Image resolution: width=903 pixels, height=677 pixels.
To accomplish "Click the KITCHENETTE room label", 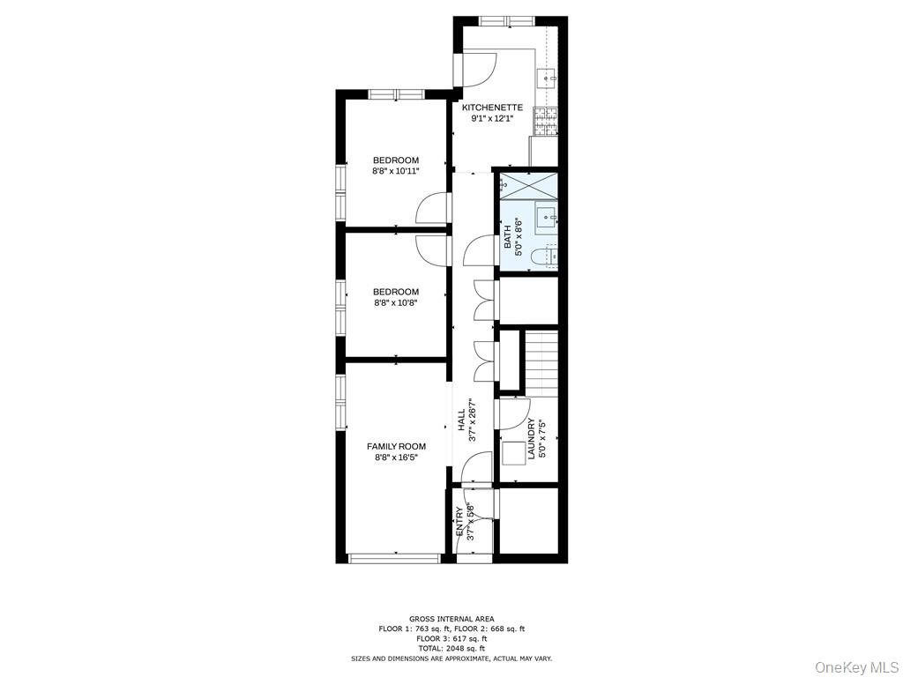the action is click(x=492, y=108).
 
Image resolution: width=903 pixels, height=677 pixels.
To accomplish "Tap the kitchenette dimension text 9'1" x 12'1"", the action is click(x=492, y=119).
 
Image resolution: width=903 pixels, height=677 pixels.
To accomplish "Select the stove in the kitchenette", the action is click(x=545, y=122).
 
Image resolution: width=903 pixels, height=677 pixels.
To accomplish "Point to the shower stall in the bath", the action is click(x=529, y=184).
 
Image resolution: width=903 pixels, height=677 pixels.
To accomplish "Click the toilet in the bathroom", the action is click(x=548, y=257).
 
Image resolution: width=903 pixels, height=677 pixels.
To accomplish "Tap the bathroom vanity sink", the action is click(x=546, y=219).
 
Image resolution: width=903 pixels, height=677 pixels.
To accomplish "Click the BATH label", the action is click(x=507, y=236).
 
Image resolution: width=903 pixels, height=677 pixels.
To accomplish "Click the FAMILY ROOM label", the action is click(x=396, y=446).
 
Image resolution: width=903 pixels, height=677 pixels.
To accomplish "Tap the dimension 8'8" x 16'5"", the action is click(x=396, y=458).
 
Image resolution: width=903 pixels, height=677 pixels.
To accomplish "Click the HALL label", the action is click(x=461, y=420).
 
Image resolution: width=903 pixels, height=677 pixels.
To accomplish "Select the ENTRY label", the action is click(x=459, y=522).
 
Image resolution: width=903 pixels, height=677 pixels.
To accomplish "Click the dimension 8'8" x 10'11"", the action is click(x=396, y=171).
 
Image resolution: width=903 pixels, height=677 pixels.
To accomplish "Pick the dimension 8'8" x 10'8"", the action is click(x=396, y=302).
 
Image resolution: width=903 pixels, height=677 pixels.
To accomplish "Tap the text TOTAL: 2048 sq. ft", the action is click(x=451, y=648).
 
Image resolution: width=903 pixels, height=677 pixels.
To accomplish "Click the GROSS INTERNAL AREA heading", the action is click(x=451, y=619).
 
